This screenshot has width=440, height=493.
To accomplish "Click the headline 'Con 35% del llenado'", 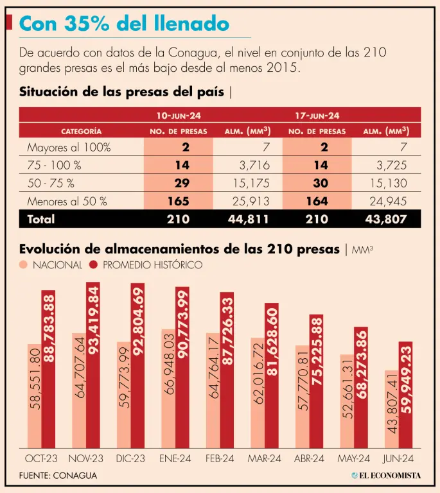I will coord(124,24).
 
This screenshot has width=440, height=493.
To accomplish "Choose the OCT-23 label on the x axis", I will coord(41,459).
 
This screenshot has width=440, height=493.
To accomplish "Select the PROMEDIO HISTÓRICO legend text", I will coord(152,265).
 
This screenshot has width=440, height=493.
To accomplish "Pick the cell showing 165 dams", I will coord(177,202).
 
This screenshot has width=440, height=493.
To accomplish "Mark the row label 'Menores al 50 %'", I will coord(67,202).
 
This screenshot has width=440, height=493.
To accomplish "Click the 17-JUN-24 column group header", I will coord(317,116).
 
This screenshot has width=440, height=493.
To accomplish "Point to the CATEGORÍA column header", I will coord(81,132).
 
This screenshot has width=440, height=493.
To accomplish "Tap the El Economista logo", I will coord(385,476).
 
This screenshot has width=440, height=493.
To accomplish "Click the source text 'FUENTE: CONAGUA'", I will coord(58,476).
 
